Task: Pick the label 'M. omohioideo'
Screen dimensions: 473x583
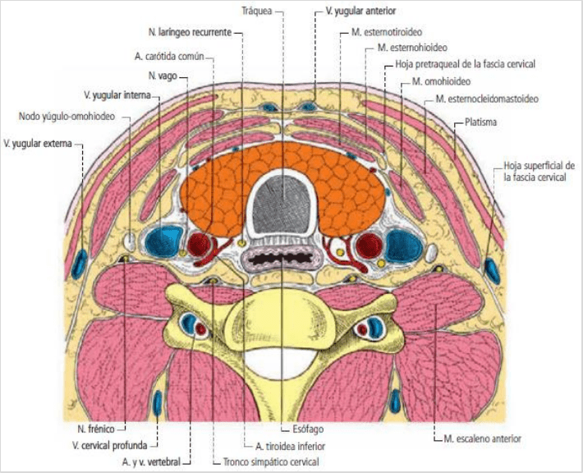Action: pos(441,82)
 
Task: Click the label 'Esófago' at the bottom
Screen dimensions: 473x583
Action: pos(307,428)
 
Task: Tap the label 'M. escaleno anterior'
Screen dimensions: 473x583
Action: pos(482,439)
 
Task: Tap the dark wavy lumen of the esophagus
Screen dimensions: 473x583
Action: pos(282,259)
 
